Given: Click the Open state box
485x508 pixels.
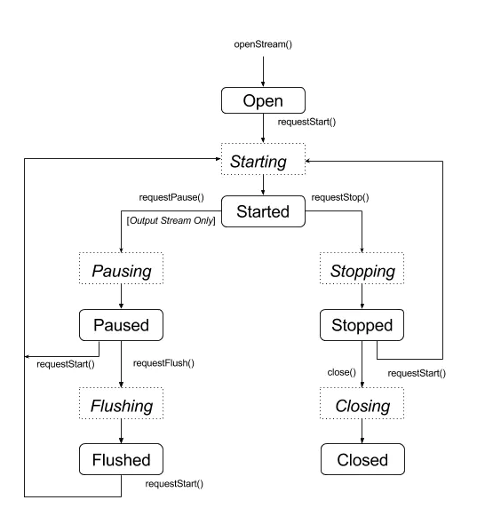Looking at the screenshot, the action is click(263, 100).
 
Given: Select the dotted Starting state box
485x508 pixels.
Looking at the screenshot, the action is click(263, 159).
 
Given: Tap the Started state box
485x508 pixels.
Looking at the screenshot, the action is click(263, 211).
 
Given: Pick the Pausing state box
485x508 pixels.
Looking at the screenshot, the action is click(121, 268).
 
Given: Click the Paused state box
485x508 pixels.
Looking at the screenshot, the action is click(121, 325).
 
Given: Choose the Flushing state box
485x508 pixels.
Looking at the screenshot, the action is click(121, 403).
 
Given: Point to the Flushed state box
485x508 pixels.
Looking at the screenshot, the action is click(121, 459).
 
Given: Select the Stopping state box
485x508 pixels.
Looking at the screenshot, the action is click(362, 268).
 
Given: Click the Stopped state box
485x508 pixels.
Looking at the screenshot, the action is click(362, 325).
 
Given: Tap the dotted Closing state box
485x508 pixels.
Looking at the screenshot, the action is click(362, 403).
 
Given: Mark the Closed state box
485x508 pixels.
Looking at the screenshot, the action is click(362, 459).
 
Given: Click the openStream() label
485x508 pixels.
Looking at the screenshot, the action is click(263, 44).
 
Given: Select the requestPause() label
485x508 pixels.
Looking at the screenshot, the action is click(171, 197).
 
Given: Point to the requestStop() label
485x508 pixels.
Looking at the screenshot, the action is click(340, 197).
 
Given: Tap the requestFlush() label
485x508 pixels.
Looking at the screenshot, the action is click(163, 363).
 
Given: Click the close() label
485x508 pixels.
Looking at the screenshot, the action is click(342, 372).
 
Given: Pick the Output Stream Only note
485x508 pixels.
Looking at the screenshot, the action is click(171, 220).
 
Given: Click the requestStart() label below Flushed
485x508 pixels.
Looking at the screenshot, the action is click(174, 484).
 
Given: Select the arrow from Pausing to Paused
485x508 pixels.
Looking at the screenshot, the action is click(121, 297).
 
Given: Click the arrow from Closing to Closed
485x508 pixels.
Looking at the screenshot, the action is click(362, 432).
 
